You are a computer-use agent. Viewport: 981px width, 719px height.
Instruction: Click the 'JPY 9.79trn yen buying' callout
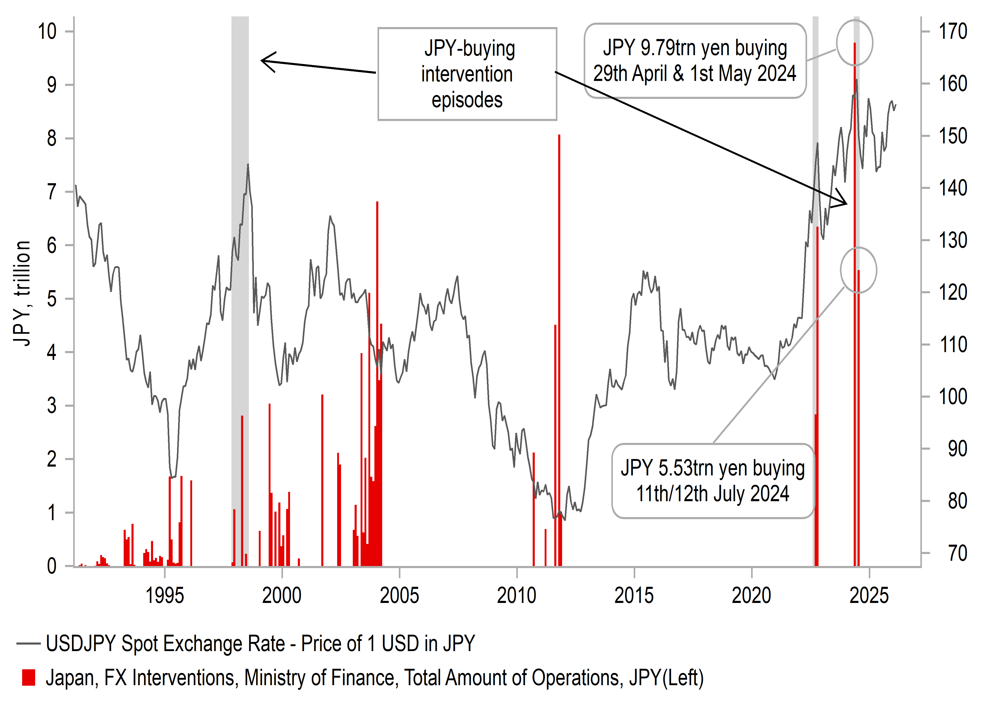[x=695, y=61]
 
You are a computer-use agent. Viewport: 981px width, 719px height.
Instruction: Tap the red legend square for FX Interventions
[x=29, y=678]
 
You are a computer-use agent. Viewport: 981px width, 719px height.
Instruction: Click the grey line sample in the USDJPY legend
[x=28, y=643]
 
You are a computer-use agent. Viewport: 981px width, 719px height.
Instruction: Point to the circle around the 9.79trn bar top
[x=854, y=43]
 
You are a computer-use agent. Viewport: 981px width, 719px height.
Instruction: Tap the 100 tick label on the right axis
[x=952, y=397]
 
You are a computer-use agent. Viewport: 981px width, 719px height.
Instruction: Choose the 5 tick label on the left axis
[x=51, y=299]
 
